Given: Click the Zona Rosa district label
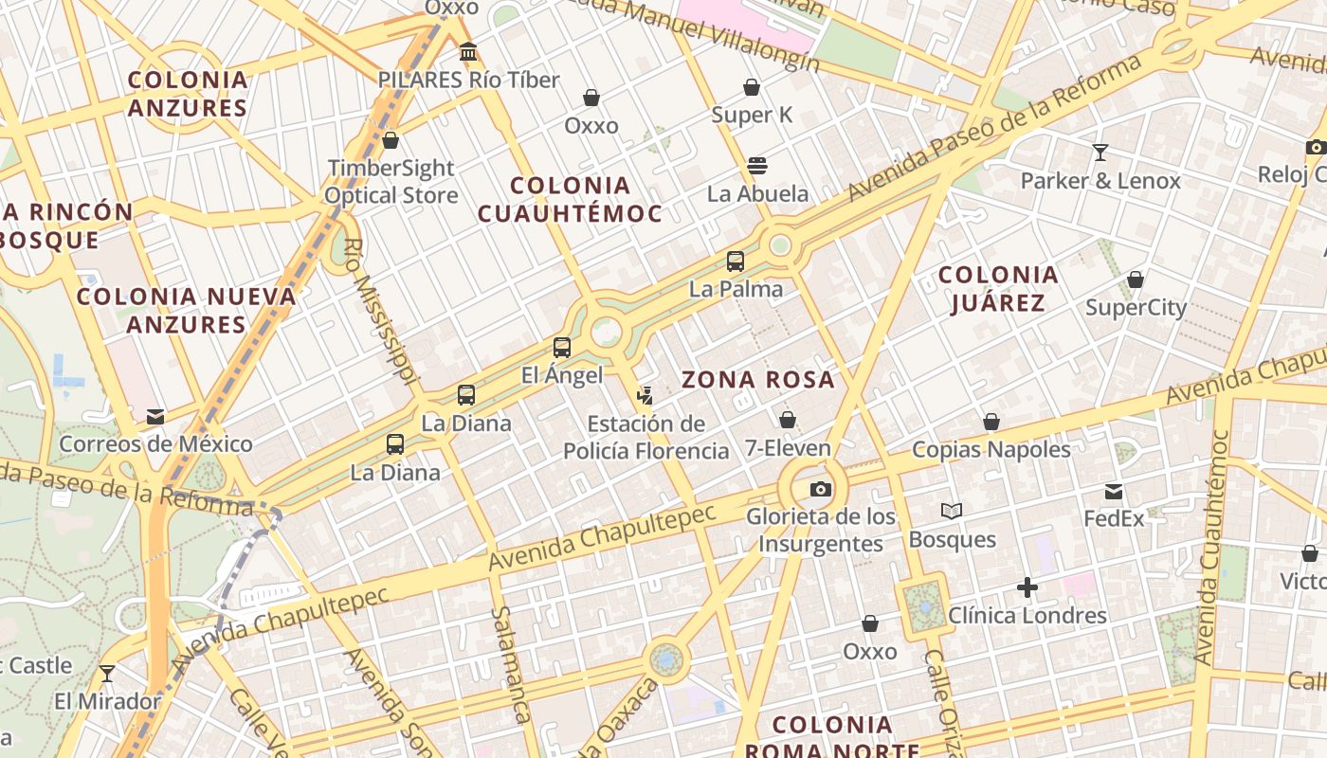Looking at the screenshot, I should tap(758, 380).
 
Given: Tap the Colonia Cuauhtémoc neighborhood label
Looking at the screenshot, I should tap(570, 199).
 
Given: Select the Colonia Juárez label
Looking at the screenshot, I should tap(998, 289).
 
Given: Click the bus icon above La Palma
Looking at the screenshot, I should tap(736, 262).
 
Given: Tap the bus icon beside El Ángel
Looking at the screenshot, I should tap(562, 348).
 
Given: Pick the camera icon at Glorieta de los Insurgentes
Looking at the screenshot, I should tap(821, 489).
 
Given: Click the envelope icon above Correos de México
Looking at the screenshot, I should tap(155, 417).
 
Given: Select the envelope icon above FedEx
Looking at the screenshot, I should tap(1114, 492).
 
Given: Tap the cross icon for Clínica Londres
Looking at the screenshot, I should tap(1027, 588).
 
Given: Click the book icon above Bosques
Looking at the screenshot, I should tap(952, 512).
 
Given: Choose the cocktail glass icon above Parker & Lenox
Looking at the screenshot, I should tap(1100, 152).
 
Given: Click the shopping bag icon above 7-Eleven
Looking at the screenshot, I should tap(787, 420).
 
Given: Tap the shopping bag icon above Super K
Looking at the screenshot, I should tap(752, 87).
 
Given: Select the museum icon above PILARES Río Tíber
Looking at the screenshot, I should tap(468, 51).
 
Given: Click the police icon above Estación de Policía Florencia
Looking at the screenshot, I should tap(645, 395).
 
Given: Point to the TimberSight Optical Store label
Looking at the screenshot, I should tap(391, 182).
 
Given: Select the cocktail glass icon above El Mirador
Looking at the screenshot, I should tap(107, 674).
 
